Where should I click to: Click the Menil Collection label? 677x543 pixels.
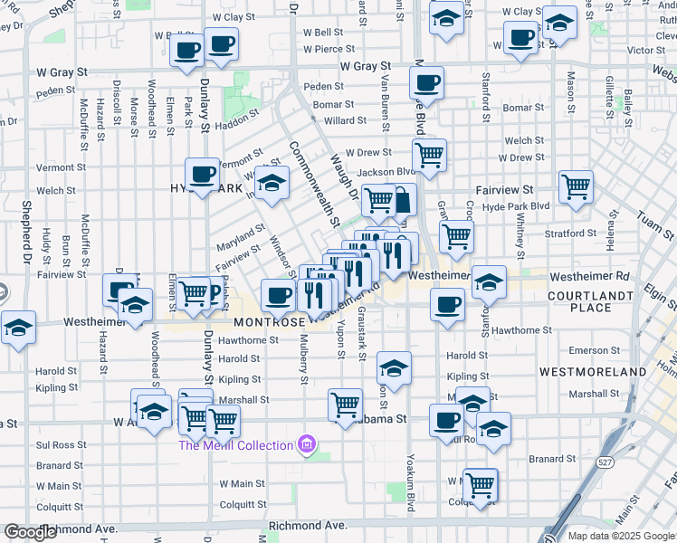point(235,445)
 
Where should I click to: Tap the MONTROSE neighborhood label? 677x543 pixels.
point(269,322)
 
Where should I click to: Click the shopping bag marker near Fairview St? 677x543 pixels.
point(402,198)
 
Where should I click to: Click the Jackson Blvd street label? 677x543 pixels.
point(386,172)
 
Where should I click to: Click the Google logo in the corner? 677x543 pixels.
point(30,531)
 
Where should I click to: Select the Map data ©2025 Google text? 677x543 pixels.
point(621,536)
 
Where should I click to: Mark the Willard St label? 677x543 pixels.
point(345,120)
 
